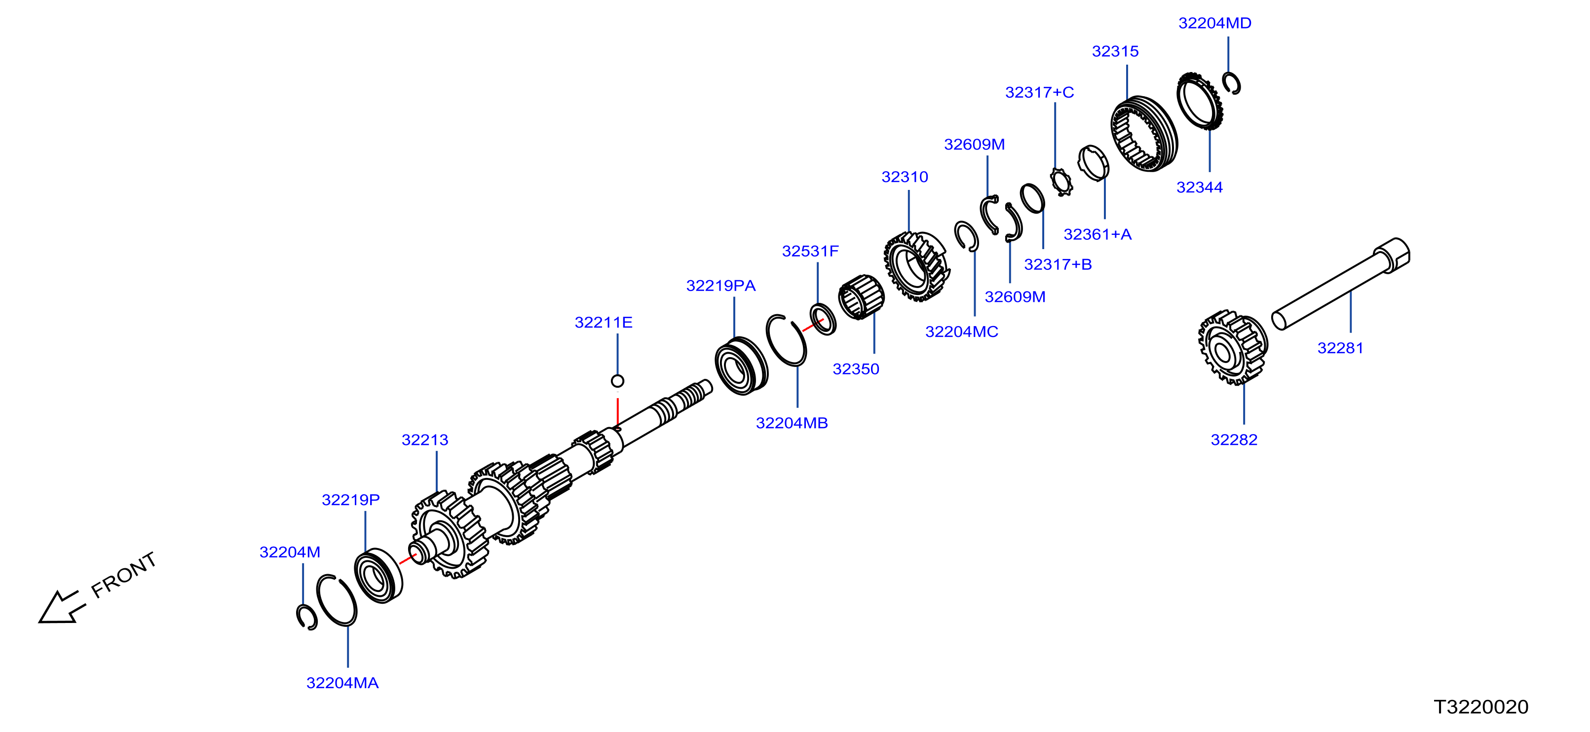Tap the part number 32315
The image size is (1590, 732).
coord(1115,52)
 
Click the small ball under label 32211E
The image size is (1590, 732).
coord(617,381)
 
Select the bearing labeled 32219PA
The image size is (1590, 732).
coord(741,366)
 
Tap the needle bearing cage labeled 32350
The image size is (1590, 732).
coord(861,297)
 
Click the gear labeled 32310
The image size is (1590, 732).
coord(916,267)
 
